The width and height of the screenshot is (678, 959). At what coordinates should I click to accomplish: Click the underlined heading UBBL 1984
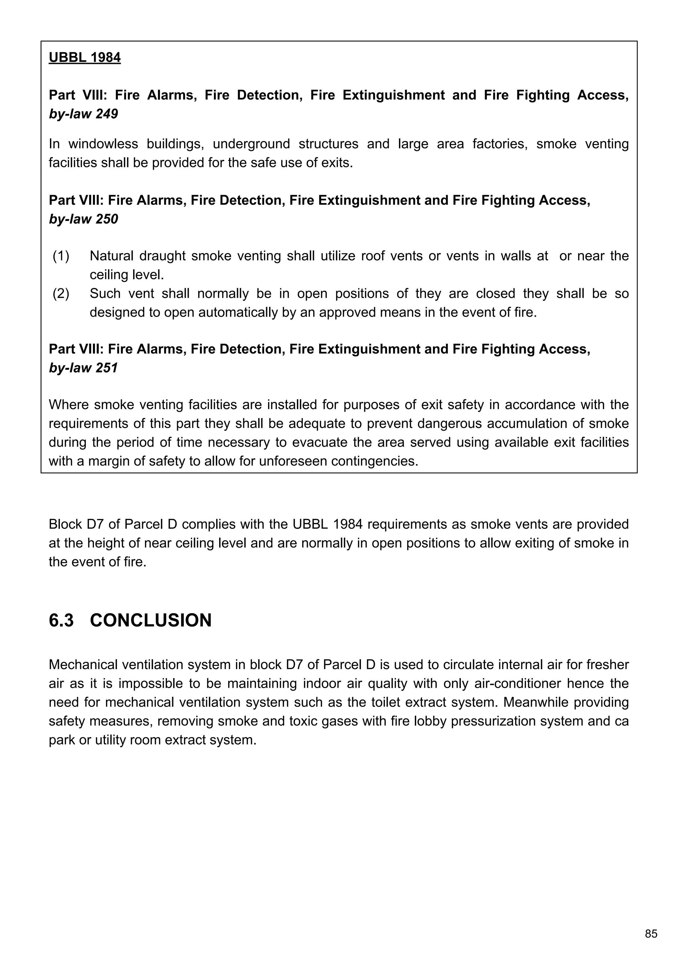pyautogui.click(x=85, y=57)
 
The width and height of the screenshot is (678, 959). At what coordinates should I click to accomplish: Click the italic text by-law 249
pyautogui.click(x=83, y=114)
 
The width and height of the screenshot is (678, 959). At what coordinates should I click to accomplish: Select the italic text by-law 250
pyautogui.click(x=83, y=219)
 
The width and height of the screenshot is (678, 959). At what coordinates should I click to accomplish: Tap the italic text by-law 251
pyautogui.click(x=83, y=368)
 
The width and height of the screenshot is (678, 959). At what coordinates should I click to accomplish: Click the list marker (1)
pyautogui.click(x=61, y=256)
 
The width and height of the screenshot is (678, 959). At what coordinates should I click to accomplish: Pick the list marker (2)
pyautogui.click(x=61, y=293)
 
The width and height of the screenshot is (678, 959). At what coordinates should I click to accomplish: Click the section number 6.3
pyautogui.click(x=61, y=620)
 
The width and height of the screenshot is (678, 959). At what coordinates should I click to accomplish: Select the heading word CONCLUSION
pyautogui.click(x=151, y=620)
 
